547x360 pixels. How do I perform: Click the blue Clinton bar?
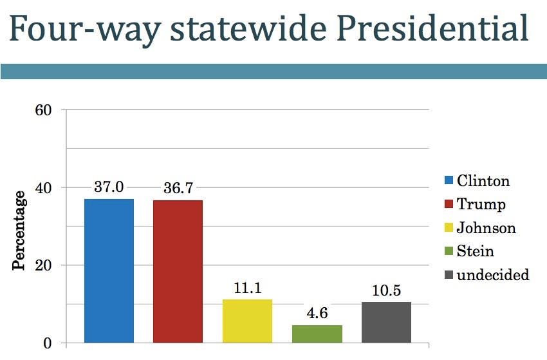click(109, 270)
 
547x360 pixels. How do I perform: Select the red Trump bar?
click(178, 271)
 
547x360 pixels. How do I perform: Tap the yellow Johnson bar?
click(247, 321)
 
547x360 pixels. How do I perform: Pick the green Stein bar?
click(317, 334)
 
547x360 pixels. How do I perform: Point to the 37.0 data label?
click(109, 187)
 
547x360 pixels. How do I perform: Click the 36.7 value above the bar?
click(178, 188)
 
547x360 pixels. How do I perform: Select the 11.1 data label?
click(247, 288)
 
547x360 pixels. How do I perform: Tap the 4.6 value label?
click(317, 314)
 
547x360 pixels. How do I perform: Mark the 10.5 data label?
click(386, 290)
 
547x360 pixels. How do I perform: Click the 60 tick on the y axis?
click(43, 109)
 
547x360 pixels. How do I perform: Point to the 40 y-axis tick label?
click(43, 187)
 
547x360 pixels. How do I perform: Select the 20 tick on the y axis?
click(43, 265)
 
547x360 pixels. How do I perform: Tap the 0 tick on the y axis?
click(48, 343)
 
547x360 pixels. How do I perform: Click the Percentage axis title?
click(20, 231)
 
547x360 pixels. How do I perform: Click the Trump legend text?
click(481, 205)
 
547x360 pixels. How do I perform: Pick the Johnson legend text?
click(486, 228)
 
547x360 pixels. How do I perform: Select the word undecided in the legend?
click(492, 275)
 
